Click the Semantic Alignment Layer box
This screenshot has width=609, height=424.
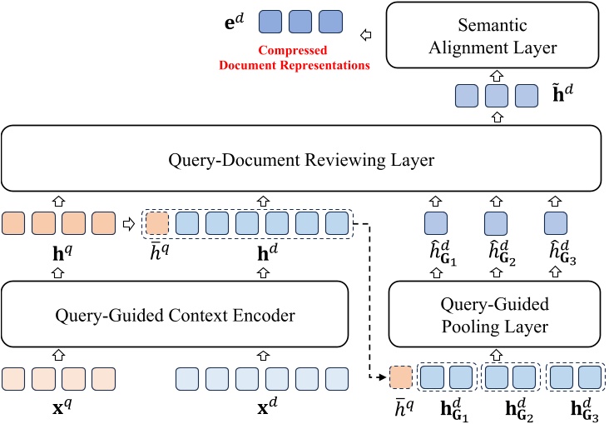[498, 35]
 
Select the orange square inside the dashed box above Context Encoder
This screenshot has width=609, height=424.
[156, 223]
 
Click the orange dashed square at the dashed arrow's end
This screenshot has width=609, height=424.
[400, 378]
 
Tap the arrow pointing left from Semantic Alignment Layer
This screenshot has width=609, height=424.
[365, 36]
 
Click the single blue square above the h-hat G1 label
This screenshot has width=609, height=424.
[437, 223]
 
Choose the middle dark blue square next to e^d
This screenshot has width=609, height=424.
[300, 21]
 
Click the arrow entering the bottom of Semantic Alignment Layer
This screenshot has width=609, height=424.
[498, 74]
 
